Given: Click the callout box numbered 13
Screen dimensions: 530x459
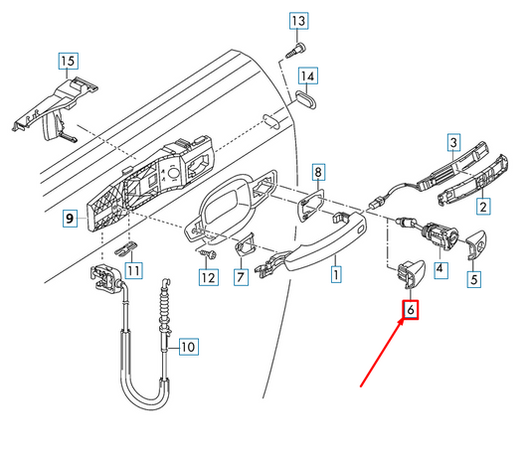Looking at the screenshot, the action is pos(298,21).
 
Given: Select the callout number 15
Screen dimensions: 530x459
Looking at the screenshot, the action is pos(68,61).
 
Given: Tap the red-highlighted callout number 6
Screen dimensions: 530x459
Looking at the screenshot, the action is pos(411,310).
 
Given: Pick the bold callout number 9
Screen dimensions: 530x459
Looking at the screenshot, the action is pos(70,219).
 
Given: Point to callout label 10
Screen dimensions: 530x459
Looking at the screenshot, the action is pos(188,347).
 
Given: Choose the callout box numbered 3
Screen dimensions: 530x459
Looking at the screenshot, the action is pos(453,142).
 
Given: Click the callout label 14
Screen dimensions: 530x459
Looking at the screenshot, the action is pos(307,76).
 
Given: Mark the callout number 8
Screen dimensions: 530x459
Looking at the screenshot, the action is pos(318,172).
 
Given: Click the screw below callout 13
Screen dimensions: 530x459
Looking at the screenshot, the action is pos(295,51).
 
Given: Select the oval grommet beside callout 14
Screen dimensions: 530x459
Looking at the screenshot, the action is pos(306,99).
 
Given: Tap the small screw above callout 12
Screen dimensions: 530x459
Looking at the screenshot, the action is pos(207,253).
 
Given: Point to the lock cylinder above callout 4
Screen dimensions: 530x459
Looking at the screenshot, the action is pos(440,235).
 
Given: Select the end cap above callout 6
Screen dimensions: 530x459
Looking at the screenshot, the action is pos(410,273).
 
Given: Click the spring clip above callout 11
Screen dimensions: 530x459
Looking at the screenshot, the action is pos(125,249).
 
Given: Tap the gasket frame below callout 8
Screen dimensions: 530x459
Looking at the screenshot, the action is pos(310,206).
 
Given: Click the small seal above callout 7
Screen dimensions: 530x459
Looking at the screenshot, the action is pos(245,243).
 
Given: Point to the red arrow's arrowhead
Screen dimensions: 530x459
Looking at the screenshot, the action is pos(401,322).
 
